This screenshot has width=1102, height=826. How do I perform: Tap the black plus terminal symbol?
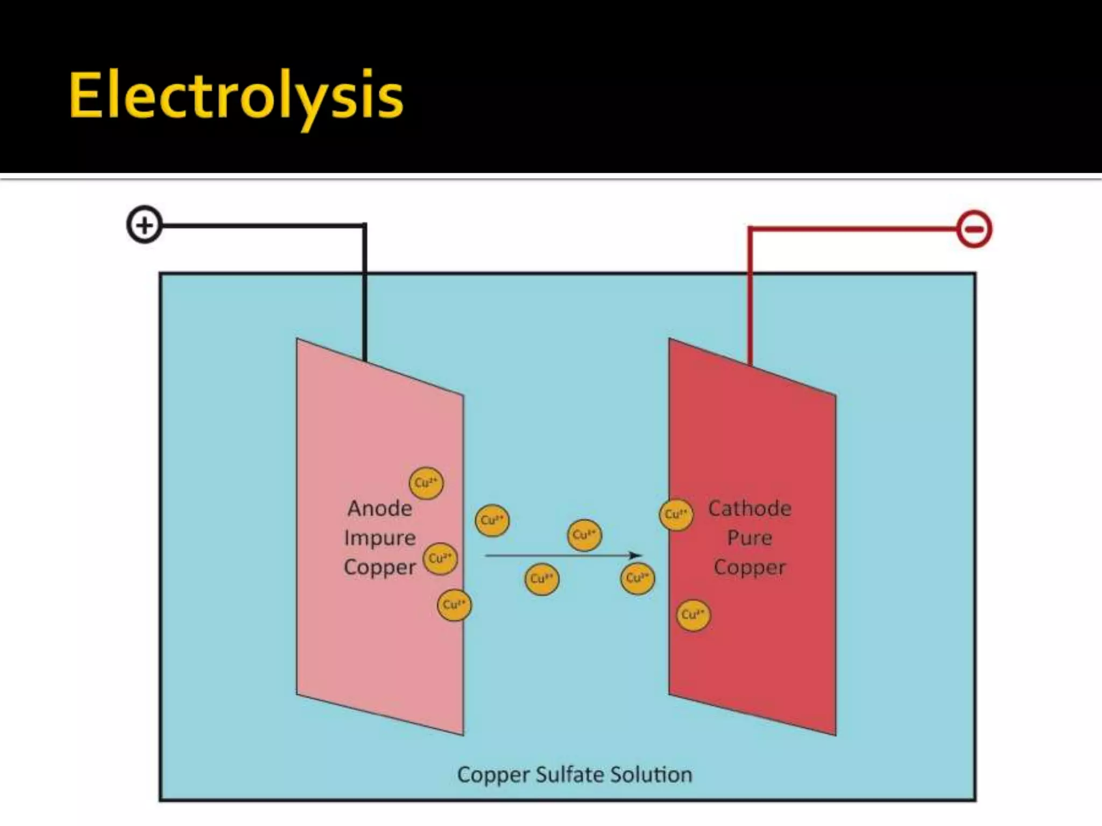[144, 225]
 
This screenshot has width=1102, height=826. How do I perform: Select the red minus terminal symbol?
[974, 230]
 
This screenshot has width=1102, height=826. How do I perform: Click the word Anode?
[380, 509]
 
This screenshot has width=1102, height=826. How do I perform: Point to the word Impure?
[380, 538]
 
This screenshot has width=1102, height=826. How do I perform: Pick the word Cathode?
[750, 509]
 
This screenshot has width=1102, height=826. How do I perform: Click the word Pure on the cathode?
[750, 538]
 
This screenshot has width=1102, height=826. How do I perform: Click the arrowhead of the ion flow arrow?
[636, 555]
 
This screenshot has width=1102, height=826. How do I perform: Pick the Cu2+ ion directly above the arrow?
[584, 535]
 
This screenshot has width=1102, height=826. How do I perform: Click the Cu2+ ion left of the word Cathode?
[676, 514]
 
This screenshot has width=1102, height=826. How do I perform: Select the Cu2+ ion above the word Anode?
[426, 482]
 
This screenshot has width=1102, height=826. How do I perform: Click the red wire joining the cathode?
[750, 296]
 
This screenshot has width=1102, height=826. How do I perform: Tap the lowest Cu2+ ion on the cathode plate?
[693, 615]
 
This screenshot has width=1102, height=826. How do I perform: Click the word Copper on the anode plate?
[380, 568]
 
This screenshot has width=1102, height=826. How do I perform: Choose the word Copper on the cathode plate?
[750, 568]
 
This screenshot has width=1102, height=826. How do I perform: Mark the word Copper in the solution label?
[493, 775]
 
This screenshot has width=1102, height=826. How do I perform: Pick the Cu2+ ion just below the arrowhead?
[638, 578]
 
